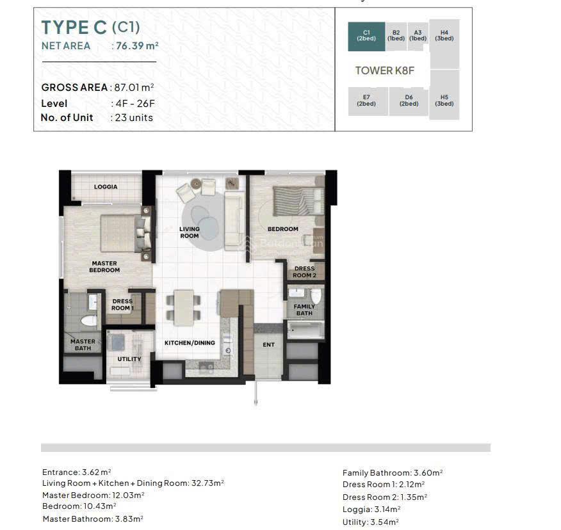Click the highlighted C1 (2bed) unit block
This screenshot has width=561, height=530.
[366, 36]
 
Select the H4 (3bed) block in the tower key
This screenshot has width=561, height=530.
[444, 44]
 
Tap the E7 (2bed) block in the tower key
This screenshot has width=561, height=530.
[368, 101]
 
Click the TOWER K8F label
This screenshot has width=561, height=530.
[385, 70]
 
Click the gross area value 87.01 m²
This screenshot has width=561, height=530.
[134, 87]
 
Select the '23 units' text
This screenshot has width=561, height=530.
[134, 118]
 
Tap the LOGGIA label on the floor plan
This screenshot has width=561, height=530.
[106, 187]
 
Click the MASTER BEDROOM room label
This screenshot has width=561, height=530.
[104, 267]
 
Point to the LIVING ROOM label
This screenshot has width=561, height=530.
[190, 232]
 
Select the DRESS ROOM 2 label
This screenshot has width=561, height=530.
[304, 272]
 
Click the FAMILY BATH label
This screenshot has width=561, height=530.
[304, 310]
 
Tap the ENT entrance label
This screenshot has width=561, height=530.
[269, 345]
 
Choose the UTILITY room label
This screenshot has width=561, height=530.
[129, 359]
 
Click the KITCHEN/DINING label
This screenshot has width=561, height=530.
[190, 343]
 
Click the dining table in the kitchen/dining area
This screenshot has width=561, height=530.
[184, 307]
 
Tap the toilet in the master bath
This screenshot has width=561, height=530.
[89, 320]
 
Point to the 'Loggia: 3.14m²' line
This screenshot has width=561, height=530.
[371, 510]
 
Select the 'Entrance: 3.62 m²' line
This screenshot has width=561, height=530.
[77, 472]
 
